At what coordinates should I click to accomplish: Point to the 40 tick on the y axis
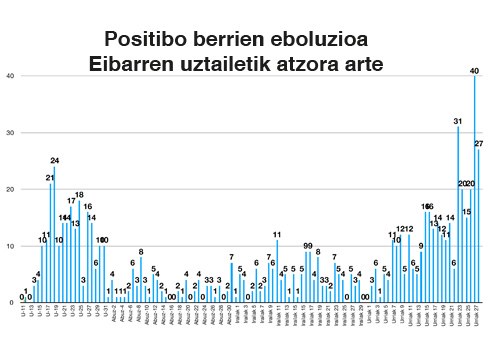pyautogui.click(x=9, y=76)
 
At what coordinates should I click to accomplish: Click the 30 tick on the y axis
pyautogui.click(x=9, y=133)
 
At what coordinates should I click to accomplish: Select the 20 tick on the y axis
pyautogui.click(x=9, y=190)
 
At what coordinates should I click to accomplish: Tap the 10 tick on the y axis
pyautogui.click(x=9, y=246)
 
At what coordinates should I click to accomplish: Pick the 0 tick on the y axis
pyautogui.click(x=11, y=302)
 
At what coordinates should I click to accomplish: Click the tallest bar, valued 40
pyautogui.click(x=474, y=190)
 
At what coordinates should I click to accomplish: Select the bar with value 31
pyautogui.click(x=458, y=215)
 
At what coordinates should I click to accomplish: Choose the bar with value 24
pyautogui.click(x=54, y=235)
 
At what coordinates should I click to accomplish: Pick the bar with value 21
pyautogui.click(x=50, y=243)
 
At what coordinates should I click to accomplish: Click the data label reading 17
pyautogui.click(x=71, y=201)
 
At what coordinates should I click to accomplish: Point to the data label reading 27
pyautogui.click(x=479, y=145)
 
